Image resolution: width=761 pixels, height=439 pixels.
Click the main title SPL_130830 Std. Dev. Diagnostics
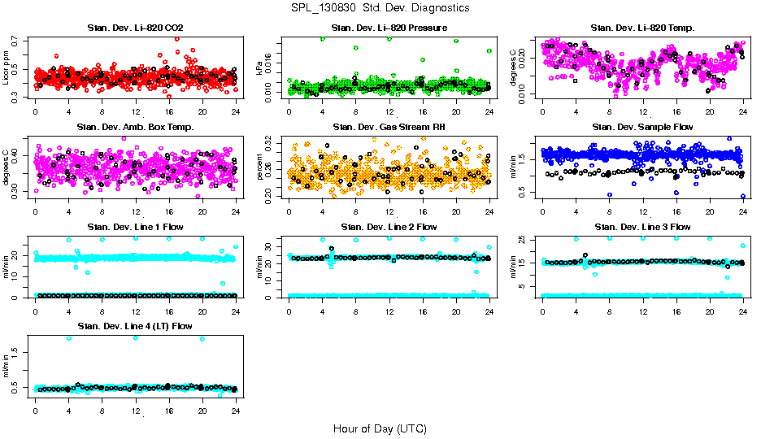click(x=380, y=8)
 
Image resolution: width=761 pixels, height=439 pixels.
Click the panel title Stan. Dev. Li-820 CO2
click(x=135, y=28)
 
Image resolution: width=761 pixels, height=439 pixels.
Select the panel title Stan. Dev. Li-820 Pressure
click(x=389, y=28)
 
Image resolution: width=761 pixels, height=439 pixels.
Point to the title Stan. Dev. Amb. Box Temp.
click(x=135, y=128)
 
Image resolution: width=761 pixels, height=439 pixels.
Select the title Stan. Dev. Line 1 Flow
click(x=135, y=227)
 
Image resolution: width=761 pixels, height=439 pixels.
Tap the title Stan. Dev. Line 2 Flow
click(x=389, y=227)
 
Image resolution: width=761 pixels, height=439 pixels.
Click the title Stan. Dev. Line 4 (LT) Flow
click(x=135, y=326)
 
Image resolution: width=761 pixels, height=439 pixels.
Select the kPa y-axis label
click(x=260, y=69)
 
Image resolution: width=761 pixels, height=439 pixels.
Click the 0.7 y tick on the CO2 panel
click(x=18, y=39)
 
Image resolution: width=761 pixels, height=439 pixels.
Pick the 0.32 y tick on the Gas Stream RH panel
click(x=272, y=142)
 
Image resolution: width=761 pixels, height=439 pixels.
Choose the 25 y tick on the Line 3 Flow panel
click(x=525, y=240)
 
